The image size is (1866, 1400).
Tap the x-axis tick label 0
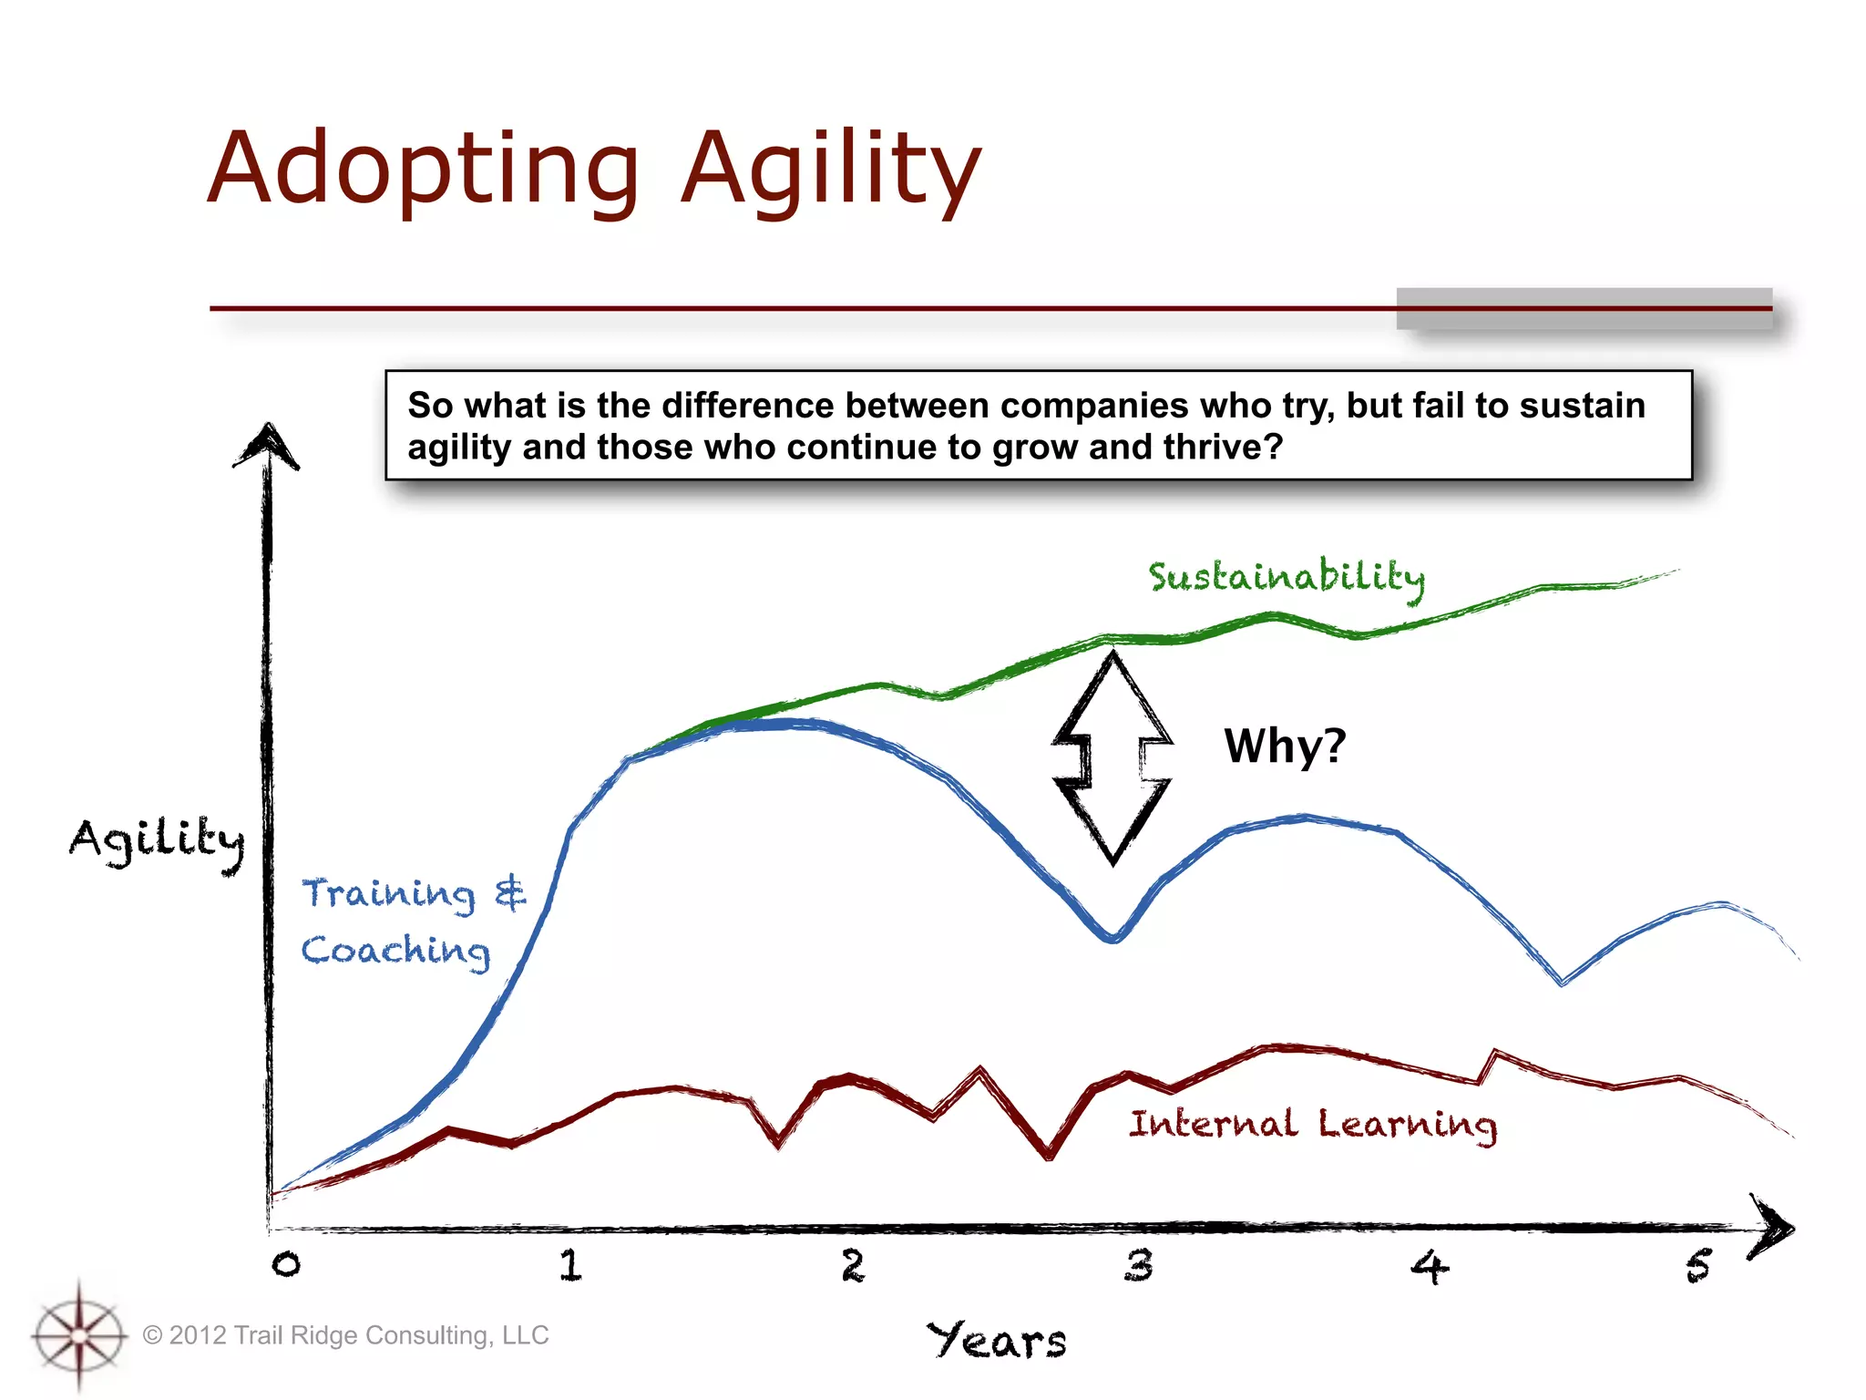pyautogui.click(x=286, y=1264)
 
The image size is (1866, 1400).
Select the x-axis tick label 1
pyautogui.click(x=570, y=1265)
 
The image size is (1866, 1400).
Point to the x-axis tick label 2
pyautogui.click(x=853, y=1265)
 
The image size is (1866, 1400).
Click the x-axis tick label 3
pyautogui.click(x=1138, y=1265)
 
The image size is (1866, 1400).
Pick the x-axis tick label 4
pyautogui.click(x=1429, y=1267)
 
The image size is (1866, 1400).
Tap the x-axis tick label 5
pyautogui.click(x=1698, y=1266)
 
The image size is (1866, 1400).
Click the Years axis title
pyautogui.click(x=997, y=1341)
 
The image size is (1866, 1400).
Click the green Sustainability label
pyautogui.click(x=1286, y=578)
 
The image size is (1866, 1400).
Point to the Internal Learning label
pyautogui.click(x=1312, y=1125)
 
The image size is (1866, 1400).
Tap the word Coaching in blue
pyautogui.click(x=395, y=951)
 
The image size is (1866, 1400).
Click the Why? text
pyautogui.click(x=1285, y=746)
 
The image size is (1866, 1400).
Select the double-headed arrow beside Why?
pyautogui.click(x=1112, y=758)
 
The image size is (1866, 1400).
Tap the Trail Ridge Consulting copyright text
pyautogui.click(x=346, y=1335)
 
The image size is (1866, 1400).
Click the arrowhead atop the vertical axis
pyautogui.click(x=267, y=447)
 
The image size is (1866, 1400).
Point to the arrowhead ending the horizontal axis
pyautogui.click(x=1772, y=1228)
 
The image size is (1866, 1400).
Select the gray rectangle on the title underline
pyautogui.click(x=1584, y=308)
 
